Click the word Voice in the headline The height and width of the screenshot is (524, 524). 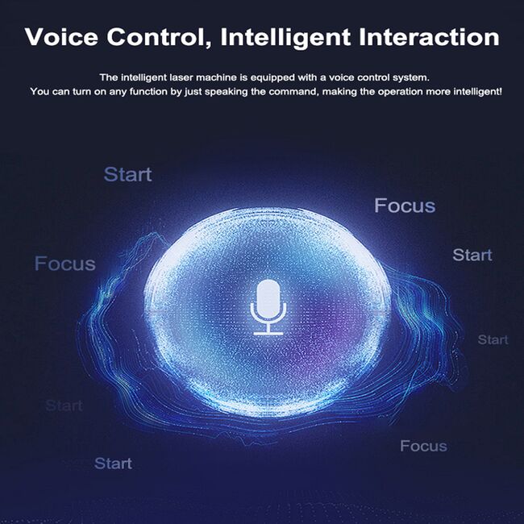pyautogui.click(x=61, y=36)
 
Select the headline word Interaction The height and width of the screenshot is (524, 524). pyautogui.click(x=429, y=37)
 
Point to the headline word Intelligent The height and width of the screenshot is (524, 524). pyautogui.click(x=285, y=38)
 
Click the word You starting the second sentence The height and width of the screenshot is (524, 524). pyautogui.click(x=40, y=91)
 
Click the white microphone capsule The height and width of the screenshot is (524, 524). pyautogui.click(x=268, y=298)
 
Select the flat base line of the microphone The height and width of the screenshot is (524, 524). pyautogui.click(x=268, y=333)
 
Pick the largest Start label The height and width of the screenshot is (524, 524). pyautogui.click(x=127, y=174)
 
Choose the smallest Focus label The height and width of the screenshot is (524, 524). pyautogui.click(x=423, y=446)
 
